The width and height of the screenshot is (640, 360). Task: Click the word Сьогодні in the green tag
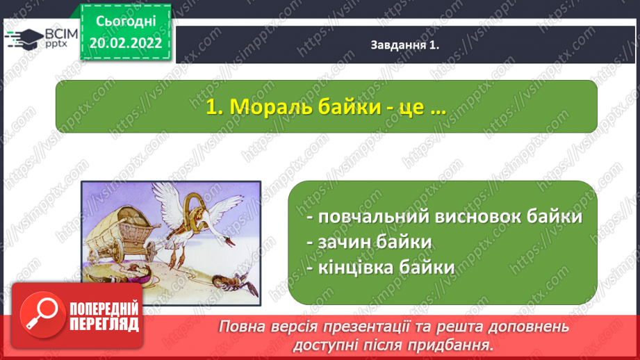click(x=126, y=22)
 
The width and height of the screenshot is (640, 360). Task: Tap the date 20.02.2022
click(x=126, y=43)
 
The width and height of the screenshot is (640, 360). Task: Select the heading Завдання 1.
click(x=405, y=45)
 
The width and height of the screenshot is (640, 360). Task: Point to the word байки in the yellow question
click(x=350, y=107)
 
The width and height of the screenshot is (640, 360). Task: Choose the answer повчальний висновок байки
click(x=445, y=216)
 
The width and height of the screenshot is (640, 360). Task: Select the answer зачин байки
click(x=370, y=242)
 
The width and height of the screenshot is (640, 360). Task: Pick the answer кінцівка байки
click(x=381, y=268)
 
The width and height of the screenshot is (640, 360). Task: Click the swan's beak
click(x=231, y=243)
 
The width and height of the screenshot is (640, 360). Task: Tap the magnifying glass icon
click(x=42, y=315)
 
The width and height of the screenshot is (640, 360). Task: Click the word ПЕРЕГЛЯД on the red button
click(x=104, y=325)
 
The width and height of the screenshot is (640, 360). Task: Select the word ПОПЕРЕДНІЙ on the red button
click(x=104, y=309)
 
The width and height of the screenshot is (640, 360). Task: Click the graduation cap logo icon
click(x=24, y=39)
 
